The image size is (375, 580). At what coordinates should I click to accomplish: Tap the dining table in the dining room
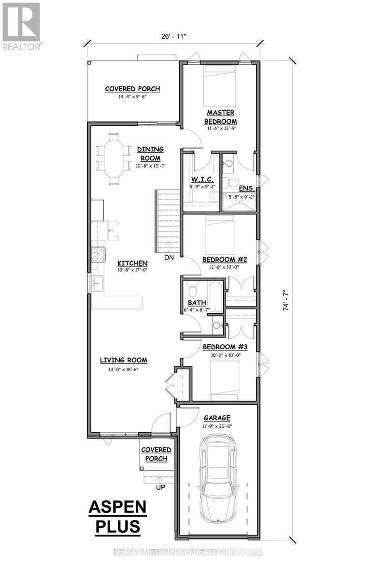(114, 159)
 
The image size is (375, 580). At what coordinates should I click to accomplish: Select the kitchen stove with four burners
(99, 255)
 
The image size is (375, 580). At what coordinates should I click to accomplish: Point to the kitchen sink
(98, 283)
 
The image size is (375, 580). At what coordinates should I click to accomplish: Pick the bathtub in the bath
(216, 296)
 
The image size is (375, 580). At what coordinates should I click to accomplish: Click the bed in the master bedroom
(220, 86)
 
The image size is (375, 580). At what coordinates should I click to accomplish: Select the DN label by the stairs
(169, 258)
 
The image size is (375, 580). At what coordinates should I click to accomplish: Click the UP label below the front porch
(160, 488)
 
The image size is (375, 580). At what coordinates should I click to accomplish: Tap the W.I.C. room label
(202, 179)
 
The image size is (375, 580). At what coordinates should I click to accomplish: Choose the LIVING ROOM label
(124, 360)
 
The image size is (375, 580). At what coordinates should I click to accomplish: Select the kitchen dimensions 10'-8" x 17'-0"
(132, 270)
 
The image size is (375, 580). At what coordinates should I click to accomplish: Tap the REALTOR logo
(21, 26)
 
